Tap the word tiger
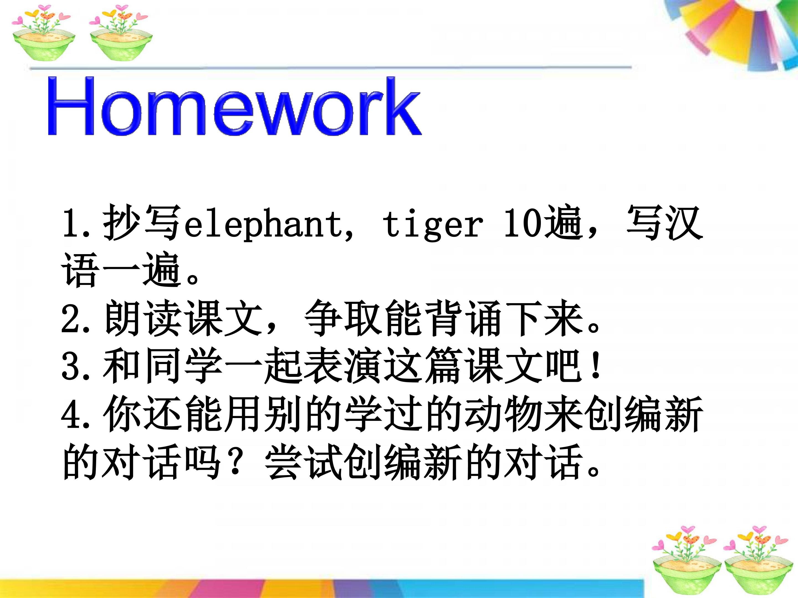pyautogui.click(x=433, y=224)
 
